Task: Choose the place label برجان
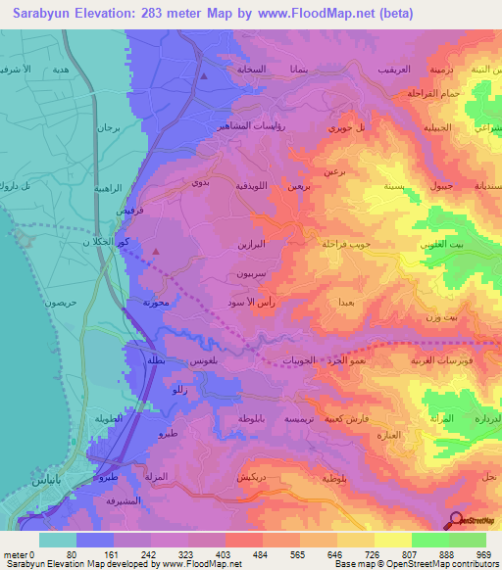(107, 127)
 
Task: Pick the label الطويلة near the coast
(113, 418)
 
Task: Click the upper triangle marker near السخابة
(204, 75)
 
